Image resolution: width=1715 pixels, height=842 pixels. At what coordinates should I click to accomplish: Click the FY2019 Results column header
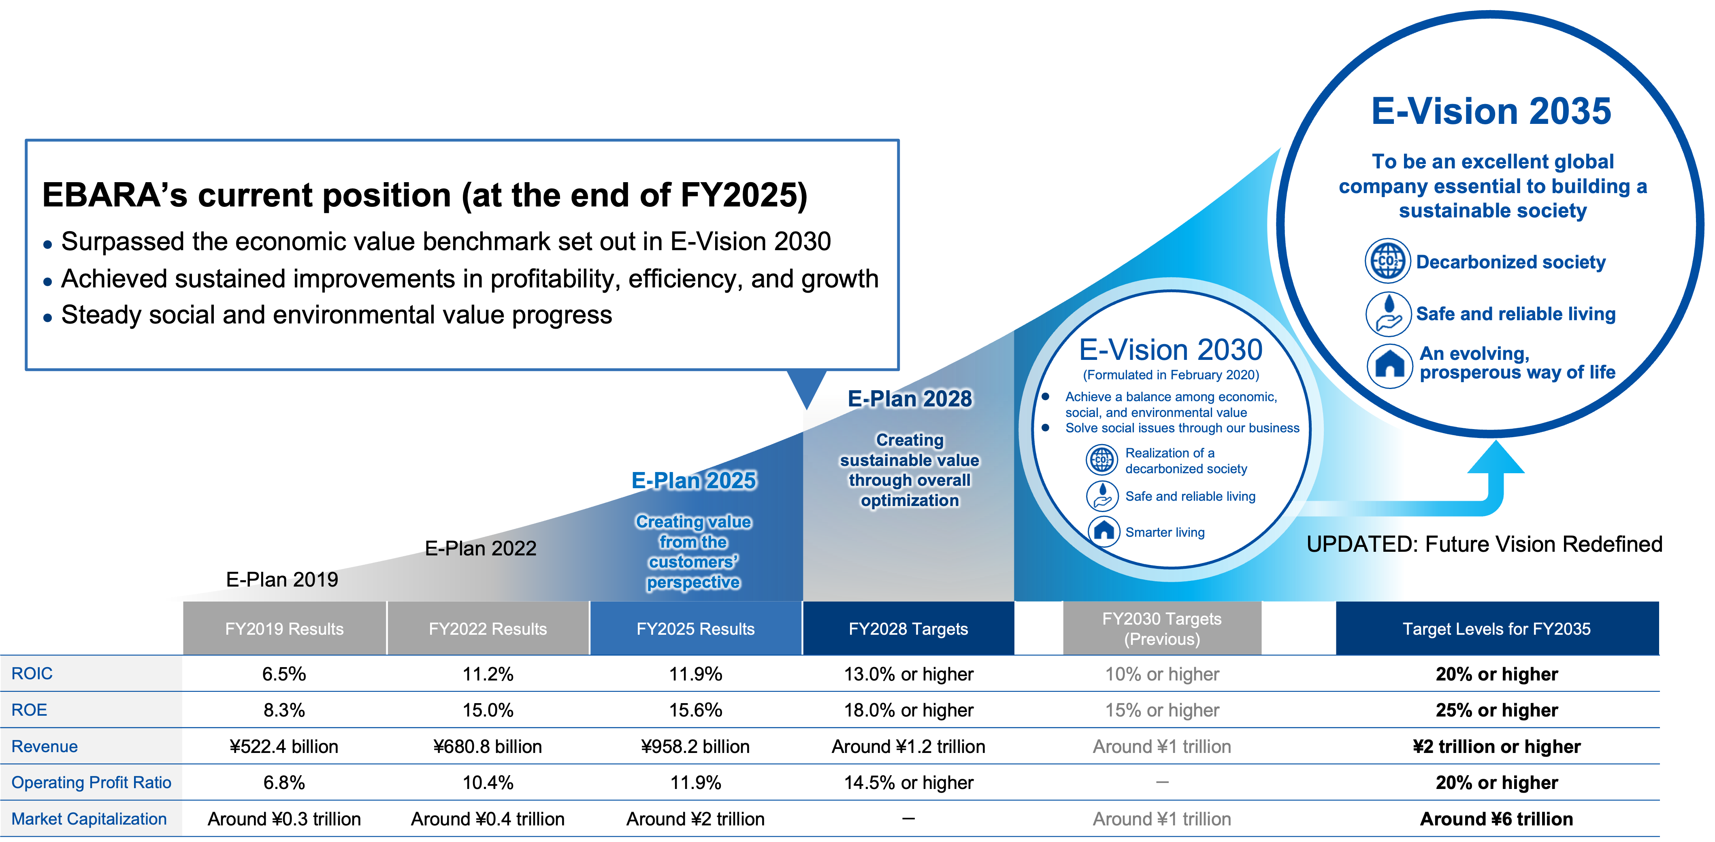click(x=284, y=629)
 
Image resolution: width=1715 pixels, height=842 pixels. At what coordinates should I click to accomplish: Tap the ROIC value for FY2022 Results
click(x=488, y=674)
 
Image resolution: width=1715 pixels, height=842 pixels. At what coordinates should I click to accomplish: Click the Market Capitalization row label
click(x=89, y=819)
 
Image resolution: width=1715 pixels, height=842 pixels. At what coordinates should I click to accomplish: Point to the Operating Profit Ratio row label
click(x=91, y=783)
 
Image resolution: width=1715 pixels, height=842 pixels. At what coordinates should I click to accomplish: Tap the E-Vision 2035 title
click(x=1491, y=111)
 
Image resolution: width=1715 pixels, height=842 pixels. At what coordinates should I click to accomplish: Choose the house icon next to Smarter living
click(x=1104, y=531)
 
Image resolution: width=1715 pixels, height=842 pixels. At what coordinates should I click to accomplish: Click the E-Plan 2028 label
click(x=910, y=399)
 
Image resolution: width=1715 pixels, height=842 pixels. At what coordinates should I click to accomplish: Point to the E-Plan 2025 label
click(x=693, y=480)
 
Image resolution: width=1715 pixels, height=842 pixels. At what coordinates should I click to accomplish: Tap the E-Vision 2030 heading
click(x=1170, y=350)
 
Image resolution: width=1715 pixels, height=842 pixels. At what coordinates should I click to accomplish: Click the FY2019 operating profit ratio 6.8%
click(x=284, y=783)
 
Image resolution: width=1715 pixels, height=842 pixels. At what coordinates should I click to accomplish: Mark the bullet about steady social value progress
click(x=336, y=315)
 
